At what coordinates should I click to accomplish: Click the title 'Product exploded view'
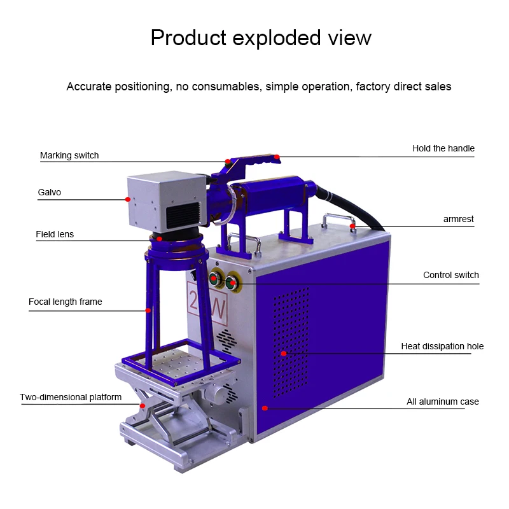pyautogui.click(x=261, y=38)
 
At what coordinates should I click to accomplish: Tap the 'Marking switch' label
pyautogui.click(x=69, y=155)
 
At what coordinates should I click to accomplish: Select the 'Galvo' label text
pyautogui.click(x=50, y=192)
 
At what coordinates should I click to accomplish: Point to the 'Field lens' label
pyautogui.click(x=55, y=234)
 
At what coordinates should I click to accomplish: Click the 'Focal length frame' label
pyautogui.click(x=66, y=302)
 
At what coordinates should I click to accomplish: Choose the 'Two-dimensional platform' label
pyautogui.click(x=71, y=397)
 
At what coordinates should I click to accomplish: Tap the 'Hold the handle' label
pyautogui.click(x=443, y=148)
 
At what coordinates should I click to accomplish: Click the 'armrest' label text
pyautogui.click(x=458, y=219)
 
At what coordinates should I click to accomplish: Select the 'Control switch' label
pyautogui.click(x=451, y=275)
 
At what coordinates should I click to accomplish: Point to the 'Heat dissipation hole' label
pyautogui.click(x=442, y=346)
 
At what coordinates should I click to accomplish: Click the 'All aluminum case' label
pyautogui.click(x=443, y=401)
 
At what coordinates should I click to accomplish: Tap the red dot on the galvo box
pyautogui.click(x=128, y=199)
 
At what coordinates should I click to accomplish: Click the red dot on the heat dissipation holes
pyautogui.click(x=284, y=353)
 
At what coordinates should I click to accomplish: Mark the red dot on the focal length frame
pyautogui.click(x=148, y=310)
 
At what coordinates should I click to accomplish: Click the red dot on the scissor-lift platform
pyautogui.click(x=143, y=405)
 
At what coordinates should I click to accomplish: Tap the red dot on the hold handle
pyautogui.click(x=277, y=156)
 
